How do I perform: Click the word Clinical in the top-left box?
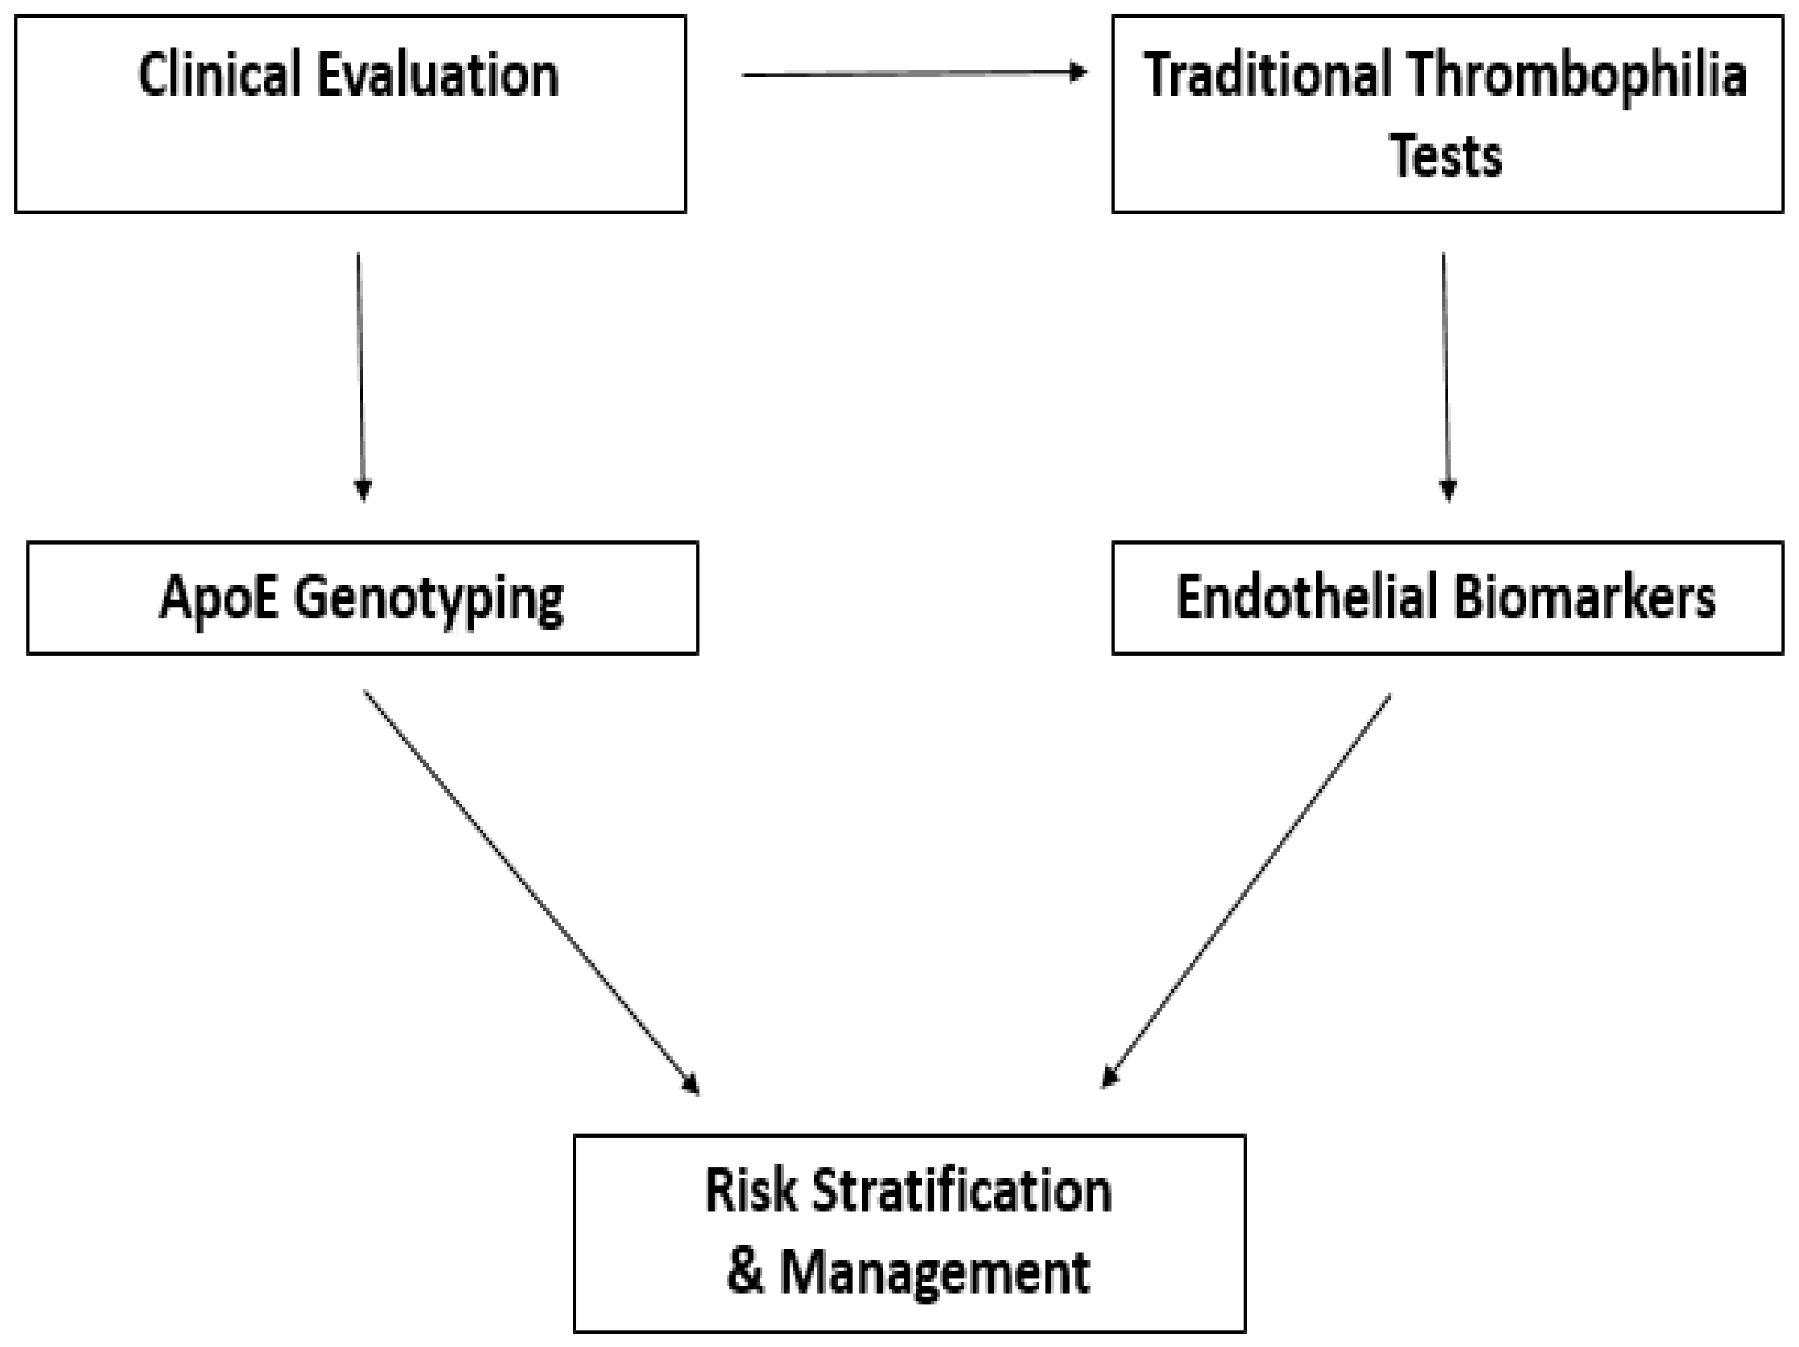tap(218, 74)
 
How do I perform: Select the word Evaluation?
tap(438, 74)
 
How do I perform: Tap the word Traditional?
tap(1267, 74)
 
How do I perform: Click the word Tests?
tap(1446, 156)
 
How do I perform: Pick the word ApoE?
tap(217, 599)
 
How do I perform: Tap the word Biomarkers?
tap(1584, 599)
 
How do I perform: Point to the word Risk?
tap(750, 1191)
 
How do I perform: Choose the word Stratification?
tap(961, 1191)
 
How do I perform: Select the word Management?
tap(935, 1274)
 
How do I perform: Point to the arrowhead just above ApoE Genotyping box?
tap(363, 490)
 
